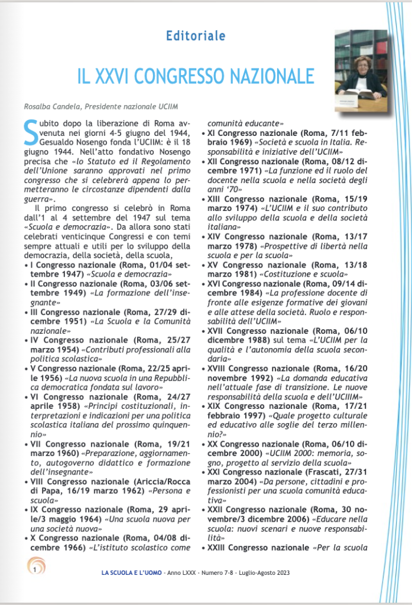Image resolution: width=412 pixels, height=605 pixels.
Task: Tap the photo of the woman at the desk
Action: pyautogui.click(x=361, y=70)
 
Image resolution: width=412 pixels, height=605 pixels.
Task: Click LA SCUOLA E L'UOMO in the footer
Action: pyautogui.click(x=131, y=573)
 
